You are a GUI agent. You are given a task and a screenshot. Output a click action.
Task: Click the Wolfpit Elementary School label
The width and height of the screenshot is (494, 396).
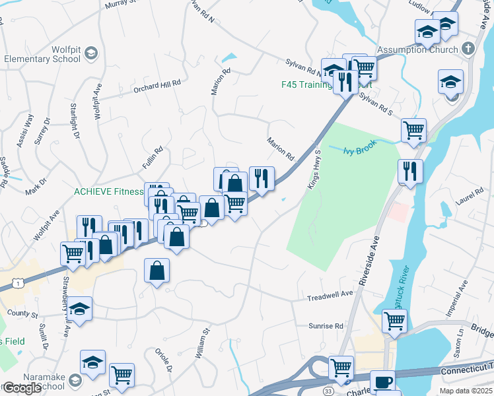pyautogui.click(x=42, y=53)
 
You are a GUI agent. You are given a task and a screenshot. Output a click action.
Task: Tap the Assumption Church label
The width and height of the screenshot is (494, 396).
pyautogui.click(x=417, y=49)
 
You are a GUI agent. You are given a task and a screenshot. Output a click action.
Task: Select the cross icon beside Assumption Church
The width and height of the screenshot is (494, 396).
pyautogui.click(x=468, y=49)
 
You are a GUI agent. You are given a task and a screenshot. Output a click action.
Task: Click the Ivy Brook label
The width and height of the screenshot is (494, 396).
pyautogui.click(x=358, y=150)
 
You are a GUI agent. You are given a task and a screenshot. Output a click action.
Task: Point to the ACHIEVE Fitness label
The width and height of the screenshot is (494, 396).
pyautogui.click(x=108, y=191)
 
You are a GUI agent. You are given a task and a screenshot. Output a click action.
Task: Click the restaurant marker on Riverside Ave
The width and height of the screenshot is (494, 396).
pyautogui.click(x=410, y=172)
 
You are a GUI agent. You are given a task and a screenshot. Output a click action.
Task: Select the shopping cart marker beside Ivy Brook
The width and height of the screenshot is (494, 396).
pyautogui.click(x=413, y=131)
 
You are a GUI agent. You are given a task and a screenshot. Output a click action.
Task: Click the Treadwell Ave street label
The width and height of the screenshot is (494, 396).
pyautogui.click(x=330, y=298)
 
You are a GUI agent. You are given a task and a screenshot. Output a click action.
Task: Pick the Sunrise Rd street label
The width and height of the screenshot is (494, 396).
pyautogui.click(x=326, y=326)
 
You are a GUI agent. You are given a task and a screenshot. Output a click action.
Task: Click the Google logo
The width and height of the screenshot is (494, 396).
pyautogui.click(x=21, y=388)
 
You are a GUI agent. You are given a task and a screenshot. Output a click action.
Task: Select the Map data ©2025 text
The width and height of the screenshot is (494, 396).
pyautogui.click(x=465, y=391)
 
